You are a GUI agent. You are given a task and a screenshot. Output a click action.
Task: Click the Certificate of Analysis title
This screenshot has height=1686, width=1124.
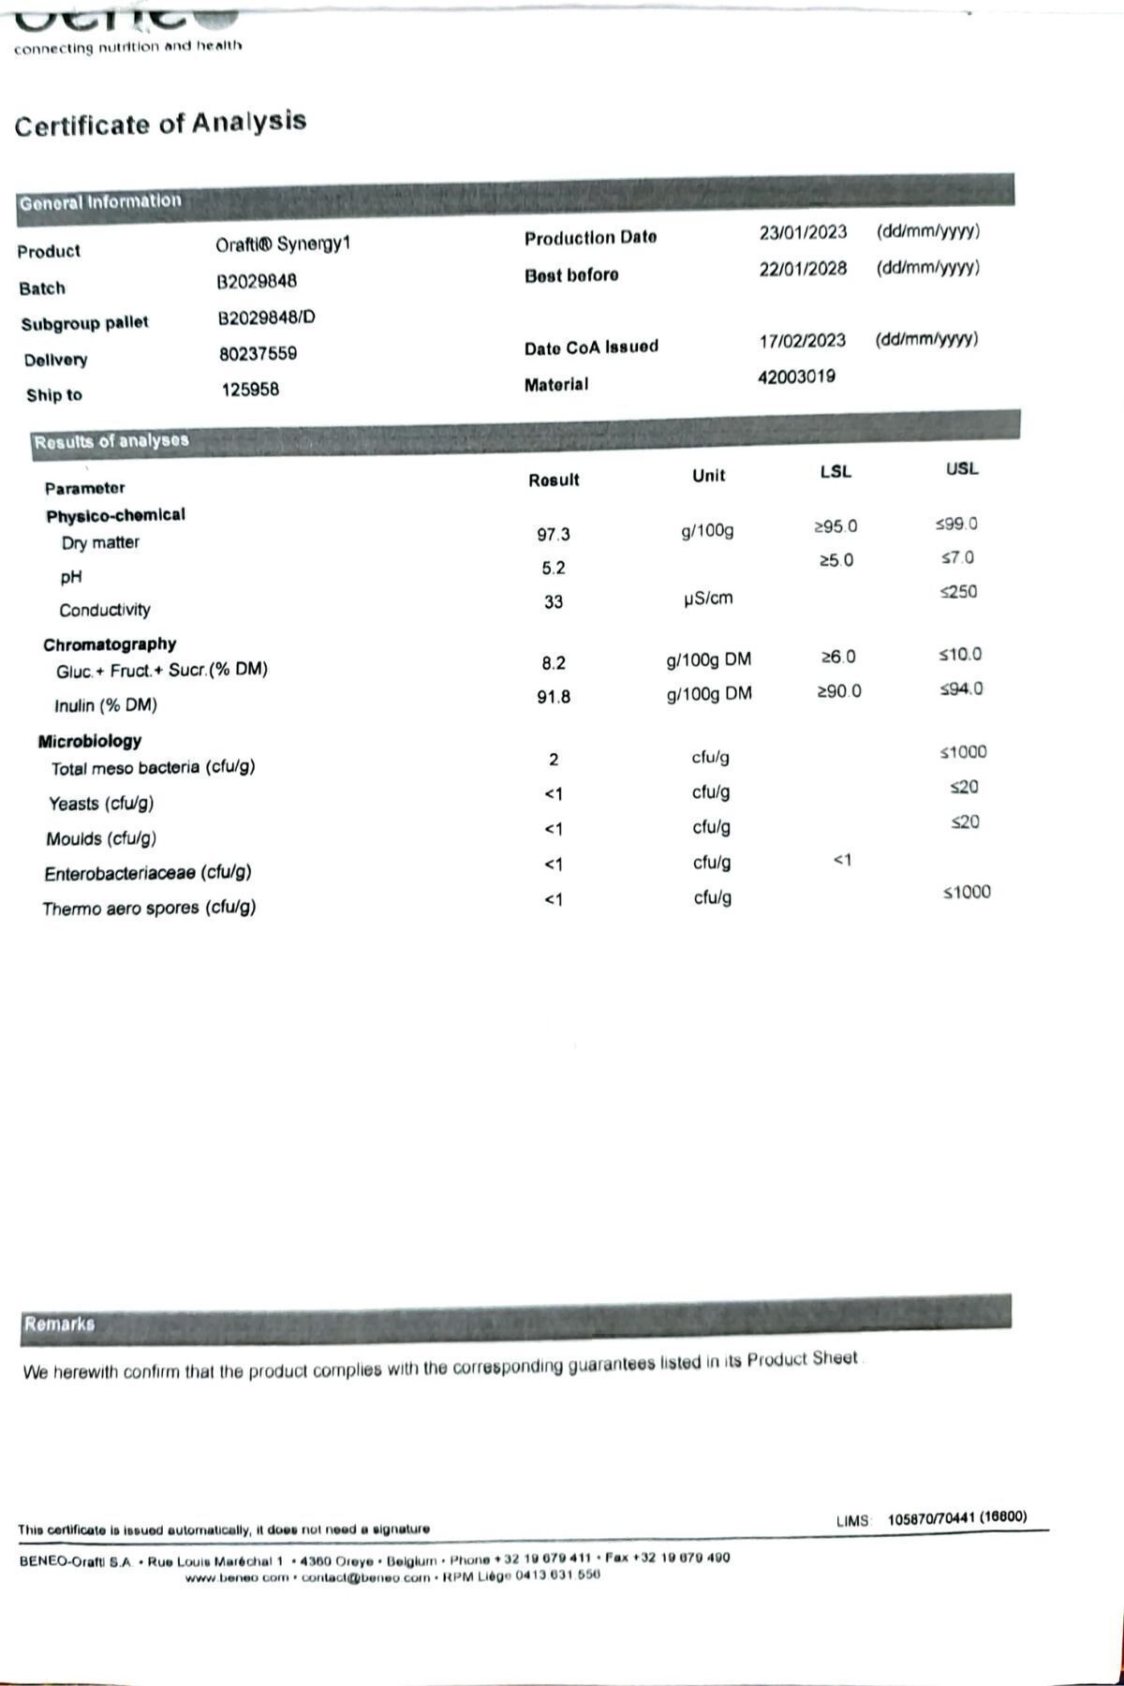coord(160,124)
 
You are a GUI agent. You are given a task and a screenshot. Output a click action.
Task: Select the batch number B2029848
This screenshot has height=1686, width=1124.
coord(257,281)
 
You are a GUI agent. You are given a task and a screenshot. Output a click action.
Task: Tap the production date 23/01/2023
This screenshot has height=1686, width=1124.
coord(803,232)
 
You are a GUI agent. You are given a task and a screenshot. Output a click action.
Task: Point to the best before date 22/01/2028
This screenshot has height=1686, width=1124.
coord(803,269)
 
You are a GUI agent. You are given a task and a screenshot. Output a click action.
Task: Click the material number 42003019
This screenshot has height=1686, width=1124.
coord(796,377)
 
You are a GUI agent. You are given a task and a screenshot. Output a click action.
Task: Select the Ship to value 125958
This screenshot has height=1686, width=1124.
coord(250,390)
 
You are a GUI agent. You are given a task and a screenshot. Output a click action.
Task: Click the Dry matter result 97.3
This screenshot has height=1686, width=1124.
coord(553,534)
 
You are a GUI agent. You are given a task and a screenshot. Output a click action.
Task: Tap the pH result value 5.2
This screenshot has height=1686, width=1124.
coord(553,568)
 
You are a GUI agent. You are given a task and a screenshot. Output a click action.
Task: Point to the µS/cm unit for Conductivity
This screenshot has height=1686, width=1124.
coord(708,598)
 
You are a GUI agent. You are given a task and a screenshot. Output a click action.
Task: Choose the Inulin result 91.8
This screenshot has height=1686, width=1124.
coord(553,697)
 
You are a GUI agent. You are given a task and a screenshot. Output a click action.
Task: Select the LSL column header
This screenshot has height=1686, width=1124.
coord(835,472)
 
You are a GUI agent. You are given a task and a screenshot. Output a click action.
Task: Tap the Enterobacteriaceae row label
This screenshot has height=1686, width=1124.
coord(148,873)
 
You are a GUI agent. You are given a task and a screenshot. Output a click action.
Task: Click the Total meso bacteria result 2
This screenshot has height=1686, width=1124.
coord(554,759)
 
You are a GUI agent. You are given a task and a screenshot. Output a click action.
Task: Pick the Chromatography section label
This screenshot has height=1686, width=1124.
coord(110,644)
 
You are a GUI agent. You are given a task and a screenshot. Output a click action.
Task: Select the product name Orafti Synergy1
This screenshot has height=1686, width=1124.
coord(283,244)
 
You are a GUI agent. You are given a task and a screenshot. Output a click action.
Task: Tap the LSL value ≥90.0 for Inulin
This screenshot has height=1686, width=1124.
coord(838,691)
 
